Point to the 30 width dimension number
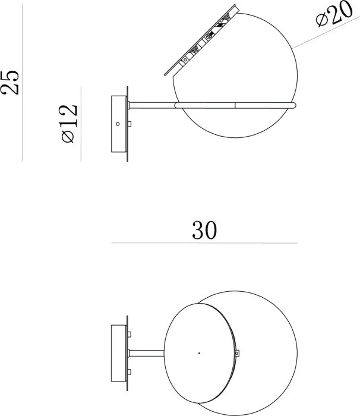tap(204, 231)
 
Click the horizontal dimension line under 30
tap(204, 243)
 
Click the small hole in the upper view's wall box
tap(118, 124)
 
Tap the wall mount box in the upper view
tap(119, 125)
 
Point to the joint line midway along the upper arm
tap(235, 105)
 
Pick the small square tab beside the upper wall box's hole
tap(129, 125)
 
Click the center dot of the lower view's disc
tap(198, 353)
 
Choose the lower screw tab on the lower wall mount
tap(129, 372)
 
